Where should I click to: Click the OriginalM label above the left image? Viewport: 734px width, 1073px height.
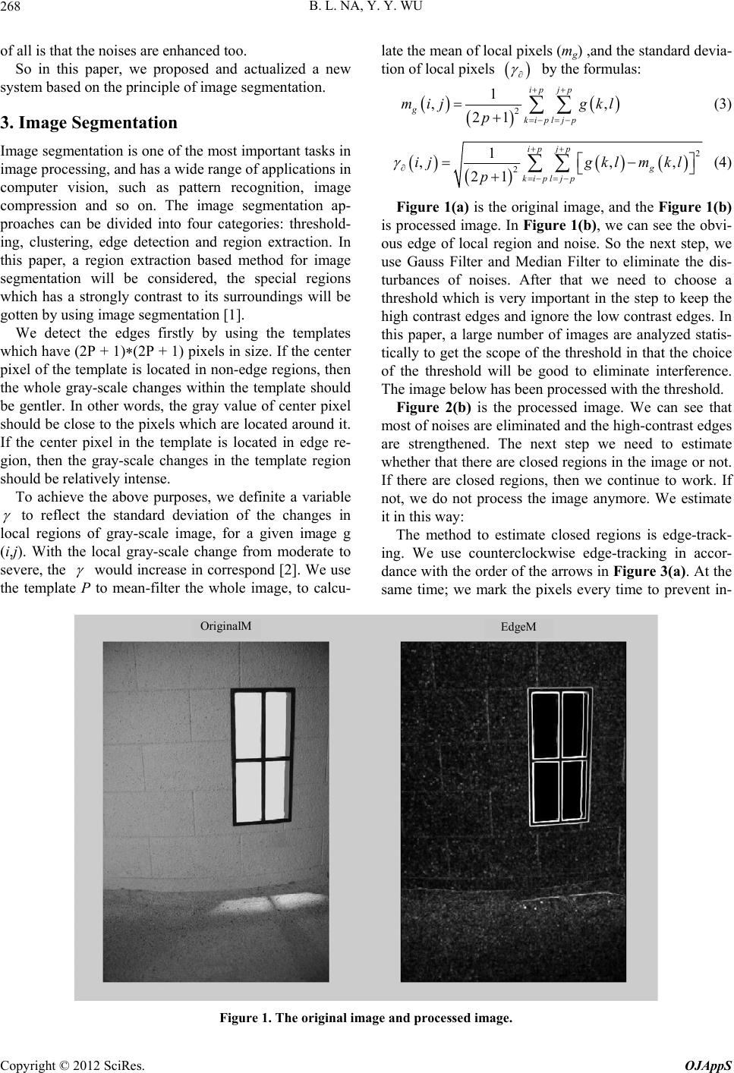(x=225, y=625)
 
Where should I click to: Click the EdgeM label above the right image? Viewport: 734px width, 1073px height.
(x=518, y=627)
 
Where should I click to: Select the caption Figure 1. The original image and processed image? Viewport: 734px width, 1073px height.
(x=367, y=1017)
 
